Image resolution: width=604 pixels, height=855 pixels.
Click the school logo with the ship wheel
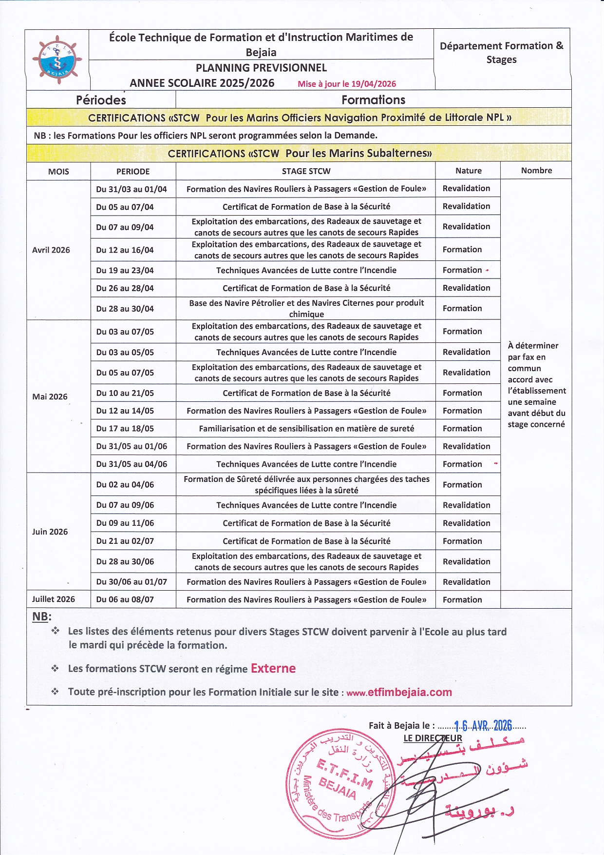pos(57,58)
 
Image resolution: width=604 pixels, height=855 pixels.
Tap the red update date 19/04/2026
pos(347,84)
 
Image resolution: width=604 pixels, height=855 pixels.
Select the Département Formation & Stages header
pos(501,53)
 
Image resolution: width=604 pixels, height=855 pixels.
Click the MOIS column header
pos(58,172)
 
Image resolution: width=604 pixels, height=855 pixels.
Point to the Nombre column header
pos(536,171)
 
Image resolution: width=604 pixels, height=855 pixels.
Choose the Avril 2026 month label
pos(51,250)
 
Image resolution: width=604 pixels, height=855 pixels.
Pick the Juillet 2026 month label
pos(54,599)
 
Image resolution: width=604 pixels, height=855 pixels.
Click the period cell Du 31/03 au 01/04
pos(132,189)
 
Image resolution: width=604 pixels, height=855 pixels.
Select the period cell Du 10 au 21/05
pos(125,393)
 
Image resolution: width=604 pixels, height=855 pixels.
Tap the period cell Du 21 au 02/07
pos(125,541)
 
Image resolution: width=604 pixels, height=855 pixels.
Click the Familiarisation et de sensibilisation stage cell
pos(306,429)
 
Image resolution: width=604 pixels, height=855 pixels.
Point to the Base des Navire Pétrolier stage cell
pos(306,308)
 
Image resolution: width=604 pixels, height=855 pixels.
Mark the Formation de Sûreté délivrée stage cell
pos(306,485)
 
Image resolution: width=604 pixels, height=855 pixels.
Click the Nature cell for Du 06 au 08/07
pos(462,600)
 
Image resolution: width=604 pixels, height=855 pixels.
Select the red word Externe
pos(273,669)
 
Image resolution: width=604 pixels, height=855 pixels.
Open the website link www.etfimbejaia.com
pos(399,693)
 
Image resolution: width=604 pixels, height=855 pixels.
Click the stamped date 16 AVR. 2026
pos(483,726)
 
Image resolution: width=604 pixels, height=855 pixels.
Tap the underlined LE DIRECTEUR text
pos(433,738)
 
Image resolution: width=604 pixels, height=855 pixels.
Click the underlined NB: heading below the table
pos(41,617)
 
